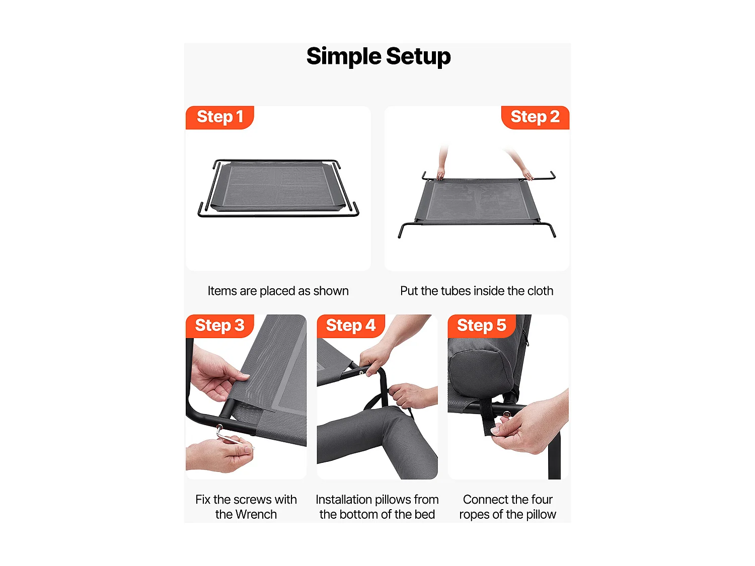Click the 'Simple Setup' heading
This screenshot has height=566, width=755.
[x=378, y=56]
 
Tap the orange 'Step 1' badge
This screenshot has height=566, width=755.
[x=219, y=117]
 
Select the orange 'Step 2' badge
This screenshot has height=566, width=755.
[x=535, y=117]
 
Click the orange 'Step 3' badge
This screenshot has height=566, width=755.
[x=219, y=326]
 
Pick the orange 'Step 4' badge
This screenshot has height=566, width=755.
[x=350, y=326]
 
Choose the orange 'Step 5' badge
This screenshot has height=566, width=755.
[x=482, y=326]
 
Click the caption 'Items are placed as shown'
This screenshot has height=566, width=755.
[x=278, y=291]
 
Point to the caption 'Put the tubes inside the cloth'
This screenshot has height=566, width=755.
[x=477, y=291]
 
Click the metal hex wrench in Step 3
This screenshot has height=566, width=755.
[x=231, y=436]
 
